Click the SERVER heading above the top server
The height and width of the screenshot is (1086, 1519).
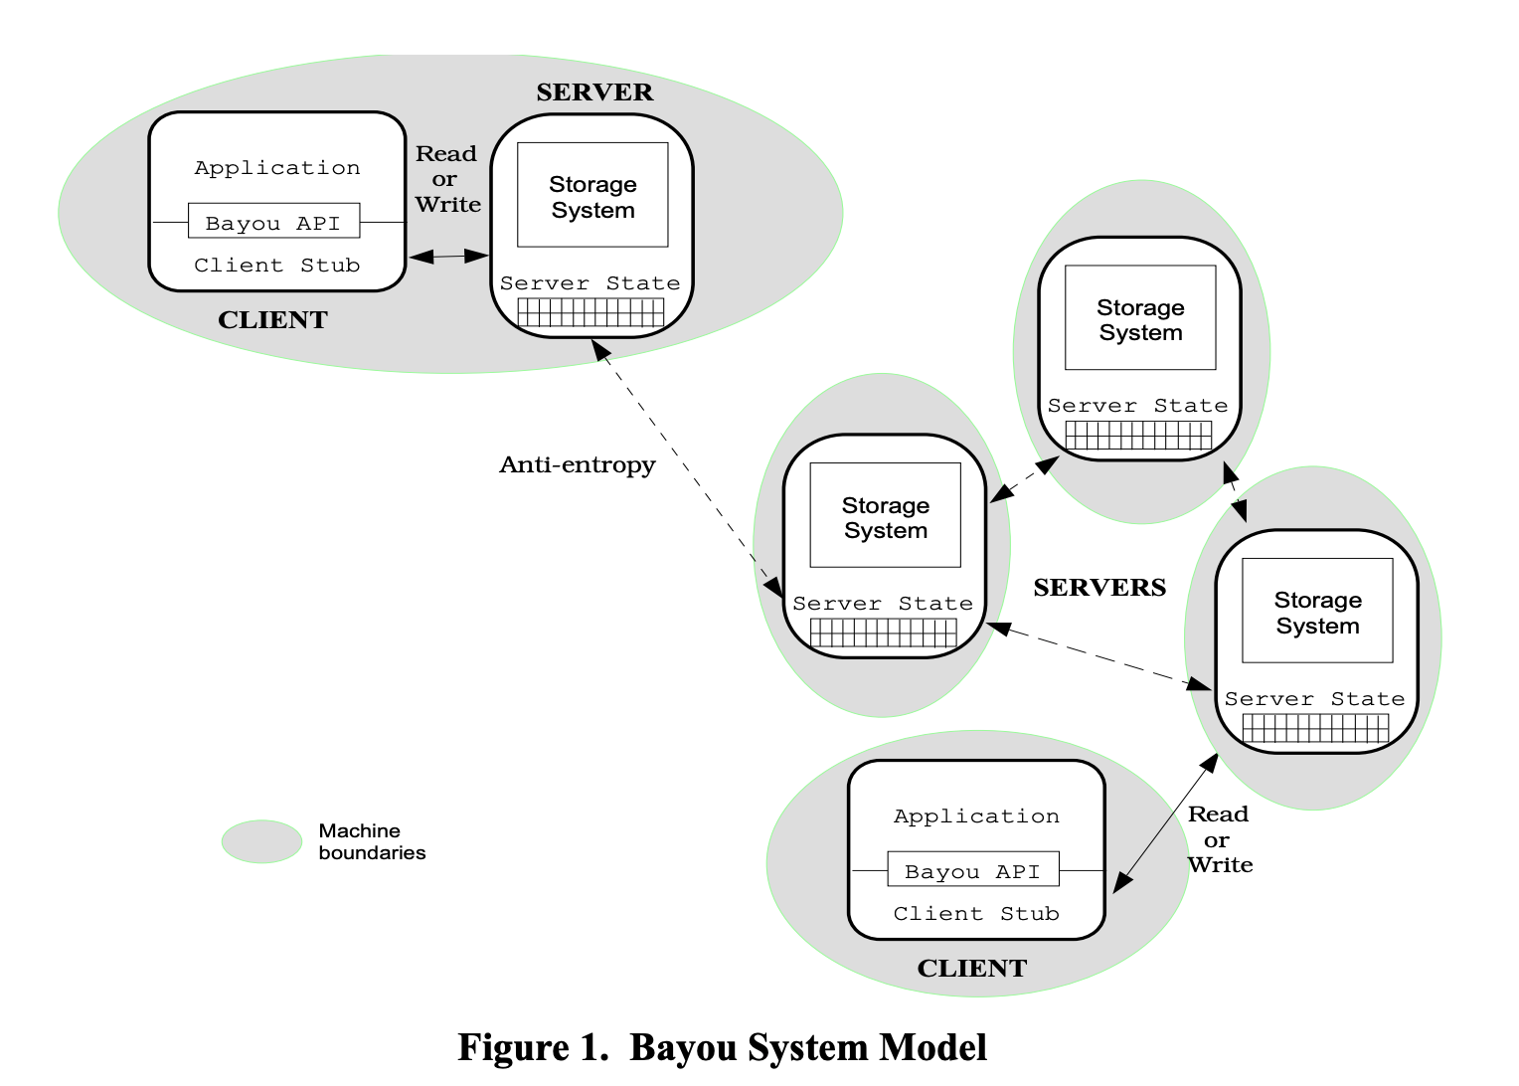click(x=594, y=92)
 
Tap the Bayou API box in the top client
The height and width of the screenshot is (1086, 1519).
click(x=273, y=222)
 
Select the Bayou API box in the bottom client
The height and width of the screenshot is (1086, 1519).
click(x=972, y=870)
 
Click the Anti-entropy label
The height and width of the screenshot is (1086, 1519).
click(x=577, y=464)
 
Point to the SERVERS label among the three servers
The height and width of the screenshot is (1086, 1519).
click(x=1099, y=588)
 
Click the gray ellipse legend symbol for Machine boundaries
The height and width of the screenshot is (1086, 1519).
click(x=261, y=841)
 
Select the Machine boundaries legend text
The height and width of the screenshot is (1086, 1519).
click(x=372, y=841)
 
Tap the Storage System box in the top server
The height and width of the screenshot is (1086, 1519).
click(x=592, y=196)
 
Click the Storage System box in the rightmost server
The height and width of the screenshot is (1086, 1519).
click(x=1317, y=612)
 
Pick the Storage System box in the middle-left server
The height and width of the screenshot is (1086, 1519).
click(x=885, y=516)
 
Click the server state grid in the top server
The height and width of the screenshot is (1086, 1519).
click(x=591, y=313)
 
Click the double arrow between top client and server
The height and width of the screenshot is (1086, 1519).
click(x=448, y=257)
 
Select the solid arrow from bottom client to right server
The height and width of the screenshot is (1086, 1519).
click(x=1166, y=822)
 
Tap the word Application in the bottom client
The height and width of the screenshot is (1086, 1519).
click(x=976, y=816)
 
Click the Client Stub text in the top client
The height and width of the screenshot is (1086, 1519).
click(x=276, y=266)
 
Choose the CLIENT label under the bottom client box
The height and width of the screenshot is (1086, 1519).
click(x=971, y=969)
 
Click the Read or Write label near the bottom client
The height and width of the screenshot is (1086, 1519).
click(x=1220, y=840)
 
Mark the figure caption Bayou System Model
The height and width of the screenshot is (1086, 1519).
click(x=722, y=1048)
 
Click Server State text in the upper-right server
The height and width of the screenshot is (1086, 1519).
click(x=1137, y=406)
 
